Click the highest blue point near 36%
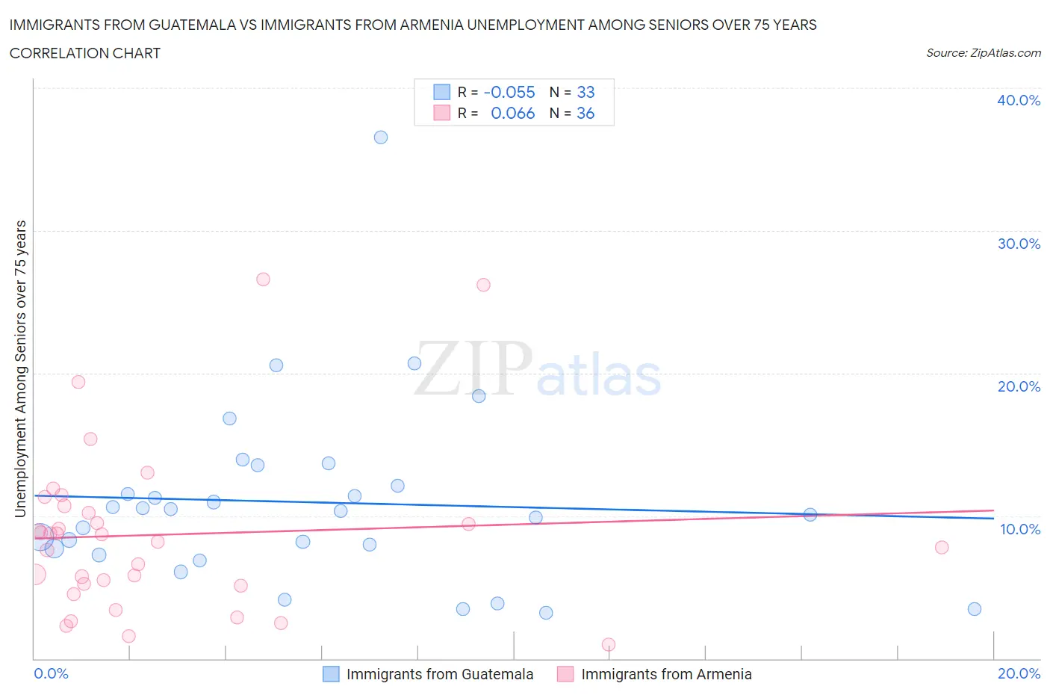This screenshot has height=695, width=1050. coord(381,138)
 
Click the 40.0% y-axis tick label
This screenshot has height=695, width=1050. coord(1018,100)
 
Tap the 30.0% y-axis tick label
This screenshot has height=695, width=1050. coord(1018,244)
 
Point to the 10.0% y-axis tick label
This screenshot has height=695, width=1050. coord(1019,529)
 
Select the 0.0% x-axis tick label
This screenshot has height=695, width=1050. coord(51,673)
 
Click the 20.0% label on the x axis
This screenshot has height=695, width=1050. coord(1019,673)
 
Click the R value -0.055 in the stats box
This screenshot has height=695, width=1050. coord(509,92)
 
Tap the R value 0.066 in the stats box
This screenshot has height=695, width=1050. coord(512,113)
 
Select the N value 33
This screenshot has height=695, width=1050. coord(585,92)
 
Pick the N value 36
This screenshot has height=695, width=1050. coord(585,113)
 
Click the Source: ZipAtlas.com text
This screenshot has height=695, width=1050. coord(983,52)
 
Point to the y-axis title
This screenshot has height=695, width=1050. coord(20,369)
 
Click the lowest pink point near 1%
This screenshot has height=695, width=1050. coord(609,644)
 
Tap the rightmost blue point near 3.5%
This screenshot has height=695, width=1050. coord(975,609)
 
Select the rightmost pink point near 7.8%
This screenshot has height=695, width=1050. coord(942,547)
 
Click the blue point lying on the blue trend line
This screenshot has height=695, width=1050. coord(810,514)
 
